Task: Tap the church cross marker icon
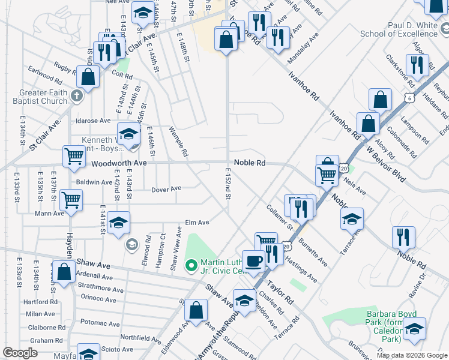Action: coord(77,95)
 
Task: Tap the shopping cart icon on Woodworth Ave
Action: coord(74,156)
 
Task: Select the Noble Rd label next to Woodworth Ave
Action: coord(249,163)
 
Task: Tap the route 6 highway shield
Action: coord(409,97)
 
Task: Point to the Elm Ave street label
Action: coord(197,223)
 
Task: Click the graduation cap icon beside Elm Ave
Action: coord(119,224)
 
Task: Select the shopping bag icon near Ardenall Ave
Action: coord(63,271)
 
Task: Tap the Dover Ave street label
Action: coord(166,188)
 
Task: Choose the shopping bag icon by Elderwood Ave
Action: coord(196,310)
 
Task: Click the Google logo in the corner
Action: coord(20,353)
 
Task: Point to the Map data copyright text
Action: coord(411,355)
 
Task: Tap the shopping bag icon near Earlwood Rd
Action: coord(88,77)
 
